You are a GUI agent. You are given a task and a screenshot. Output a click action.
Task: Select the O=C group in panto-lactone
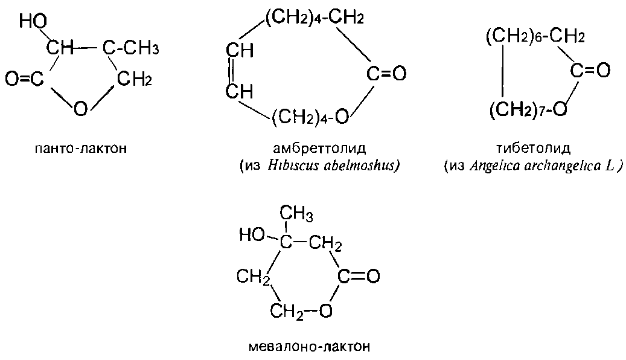click(25, 79)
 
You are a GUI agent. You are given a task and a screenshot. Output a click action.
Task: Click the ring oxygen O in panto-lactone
click(80, 109)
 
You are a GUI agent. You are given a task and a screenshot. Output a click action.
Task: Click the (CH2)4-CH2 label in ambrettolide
click(314, 19)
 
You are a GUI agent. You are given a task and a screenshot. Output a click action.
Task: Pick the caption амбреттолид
click(319, 149)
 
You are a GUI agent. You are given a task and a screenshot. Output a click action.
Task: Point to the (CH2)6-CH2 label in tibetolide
click(535, 37)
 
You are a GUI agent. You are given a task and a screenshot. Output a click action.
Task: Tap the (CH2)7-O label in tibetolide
click(528, 109)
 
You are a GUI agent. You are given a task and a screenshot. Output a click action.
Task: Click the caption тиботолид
click(532, 149)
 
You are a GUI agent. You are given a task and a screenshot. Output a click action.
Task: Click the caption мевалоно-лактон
click(309, 347)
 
